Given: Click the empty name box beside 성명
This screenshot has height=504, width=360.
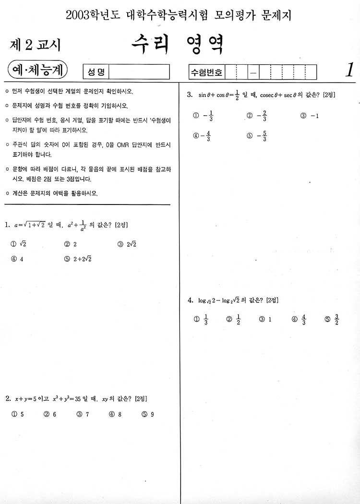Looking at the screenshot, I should pyautogui.click(x=140, y=72).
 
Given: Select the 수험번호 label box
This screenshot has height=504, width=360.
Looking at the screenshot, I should pyautogui.click(x=207, y=72).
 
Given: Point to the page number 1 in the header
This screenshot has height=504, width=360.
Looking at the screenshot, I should pyautogui.click(x=349, y=70).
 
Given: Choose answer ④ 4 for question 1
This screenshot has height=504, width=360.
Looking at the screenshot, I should pyautogui.click(x=17, y=259).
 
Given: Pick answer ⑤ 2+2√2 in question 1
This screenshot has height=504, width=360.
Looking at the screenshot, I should pyautogui.click(x=78, y=259).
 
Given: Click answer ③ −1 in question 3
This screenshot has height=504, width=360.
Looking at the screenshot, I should pyautogui.click(x=310, y=116).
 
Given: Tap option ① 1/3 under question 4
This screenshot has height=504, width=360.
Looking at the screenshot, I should pyautogui.click(x=201, y=319).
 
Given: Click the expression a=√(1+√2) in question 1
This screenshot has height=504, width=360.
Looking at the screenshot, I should pyautogui.click(x=29, y=225).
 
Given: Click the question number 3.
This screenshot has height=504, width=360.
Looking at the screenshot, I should pyautogui.click(x=190, y=95).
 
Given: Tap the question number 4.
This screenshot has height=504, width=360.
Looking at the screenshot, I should pyautogui.click(x=190, y=300).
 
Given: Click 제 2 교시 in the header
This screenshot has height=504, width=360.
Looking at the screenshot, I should pyautogui.click(x=35, y=45).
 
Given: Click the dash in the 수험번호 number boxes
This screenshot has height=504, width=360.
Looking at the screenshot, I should pyautogui.click(x=253, y=73).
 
